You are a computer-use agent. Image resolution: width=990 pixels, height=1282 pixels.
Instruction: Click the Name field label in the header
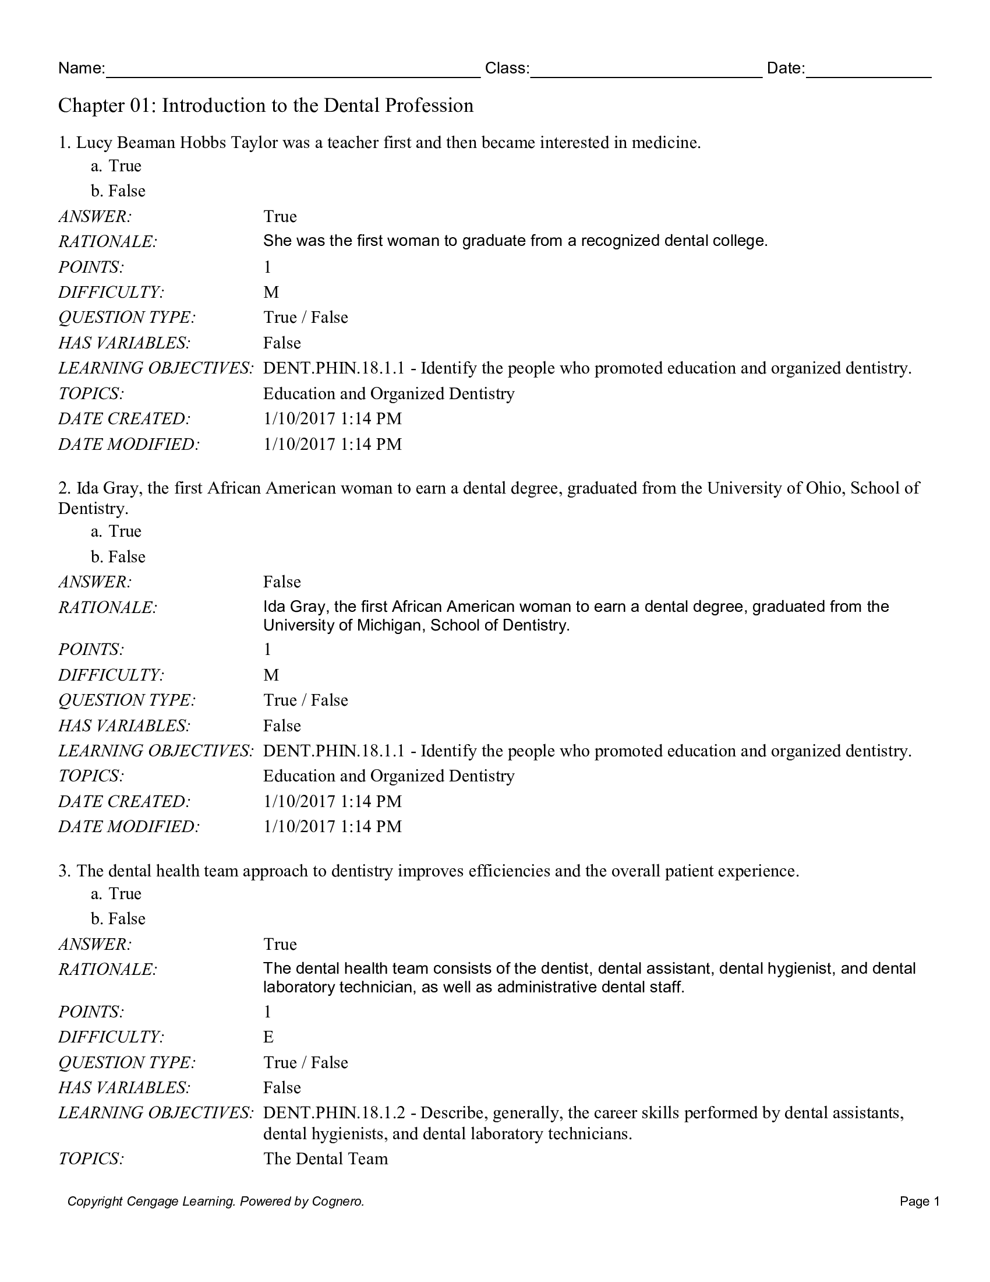81,68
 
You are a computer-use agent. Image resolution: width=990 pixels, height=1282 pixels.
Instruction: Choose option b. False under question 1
118,191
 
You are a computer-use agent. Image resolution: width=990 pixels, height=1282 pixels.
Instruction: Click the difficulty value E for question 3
268,1037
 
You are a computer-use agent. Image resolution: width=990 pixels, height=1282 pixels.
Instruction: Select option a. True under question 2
116,531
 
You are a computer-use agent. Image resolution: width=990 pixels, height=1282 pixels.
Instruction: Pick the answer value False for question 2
281,582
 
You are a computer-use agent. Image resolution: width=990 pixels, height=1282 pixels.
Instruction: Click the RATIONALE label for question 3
107,969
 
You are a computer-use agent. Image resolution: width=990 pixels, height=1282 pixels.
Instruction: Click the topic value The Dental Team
326,1158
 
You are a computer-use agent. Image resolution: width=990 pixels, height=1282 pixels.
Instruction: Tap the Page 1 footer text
919,1202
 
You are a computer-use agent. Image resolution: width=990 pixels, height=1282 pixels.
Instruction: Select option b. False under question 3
118,918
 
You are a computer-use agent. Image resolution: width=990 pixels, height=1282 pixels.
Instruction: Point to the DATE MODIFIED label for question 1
129,445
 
